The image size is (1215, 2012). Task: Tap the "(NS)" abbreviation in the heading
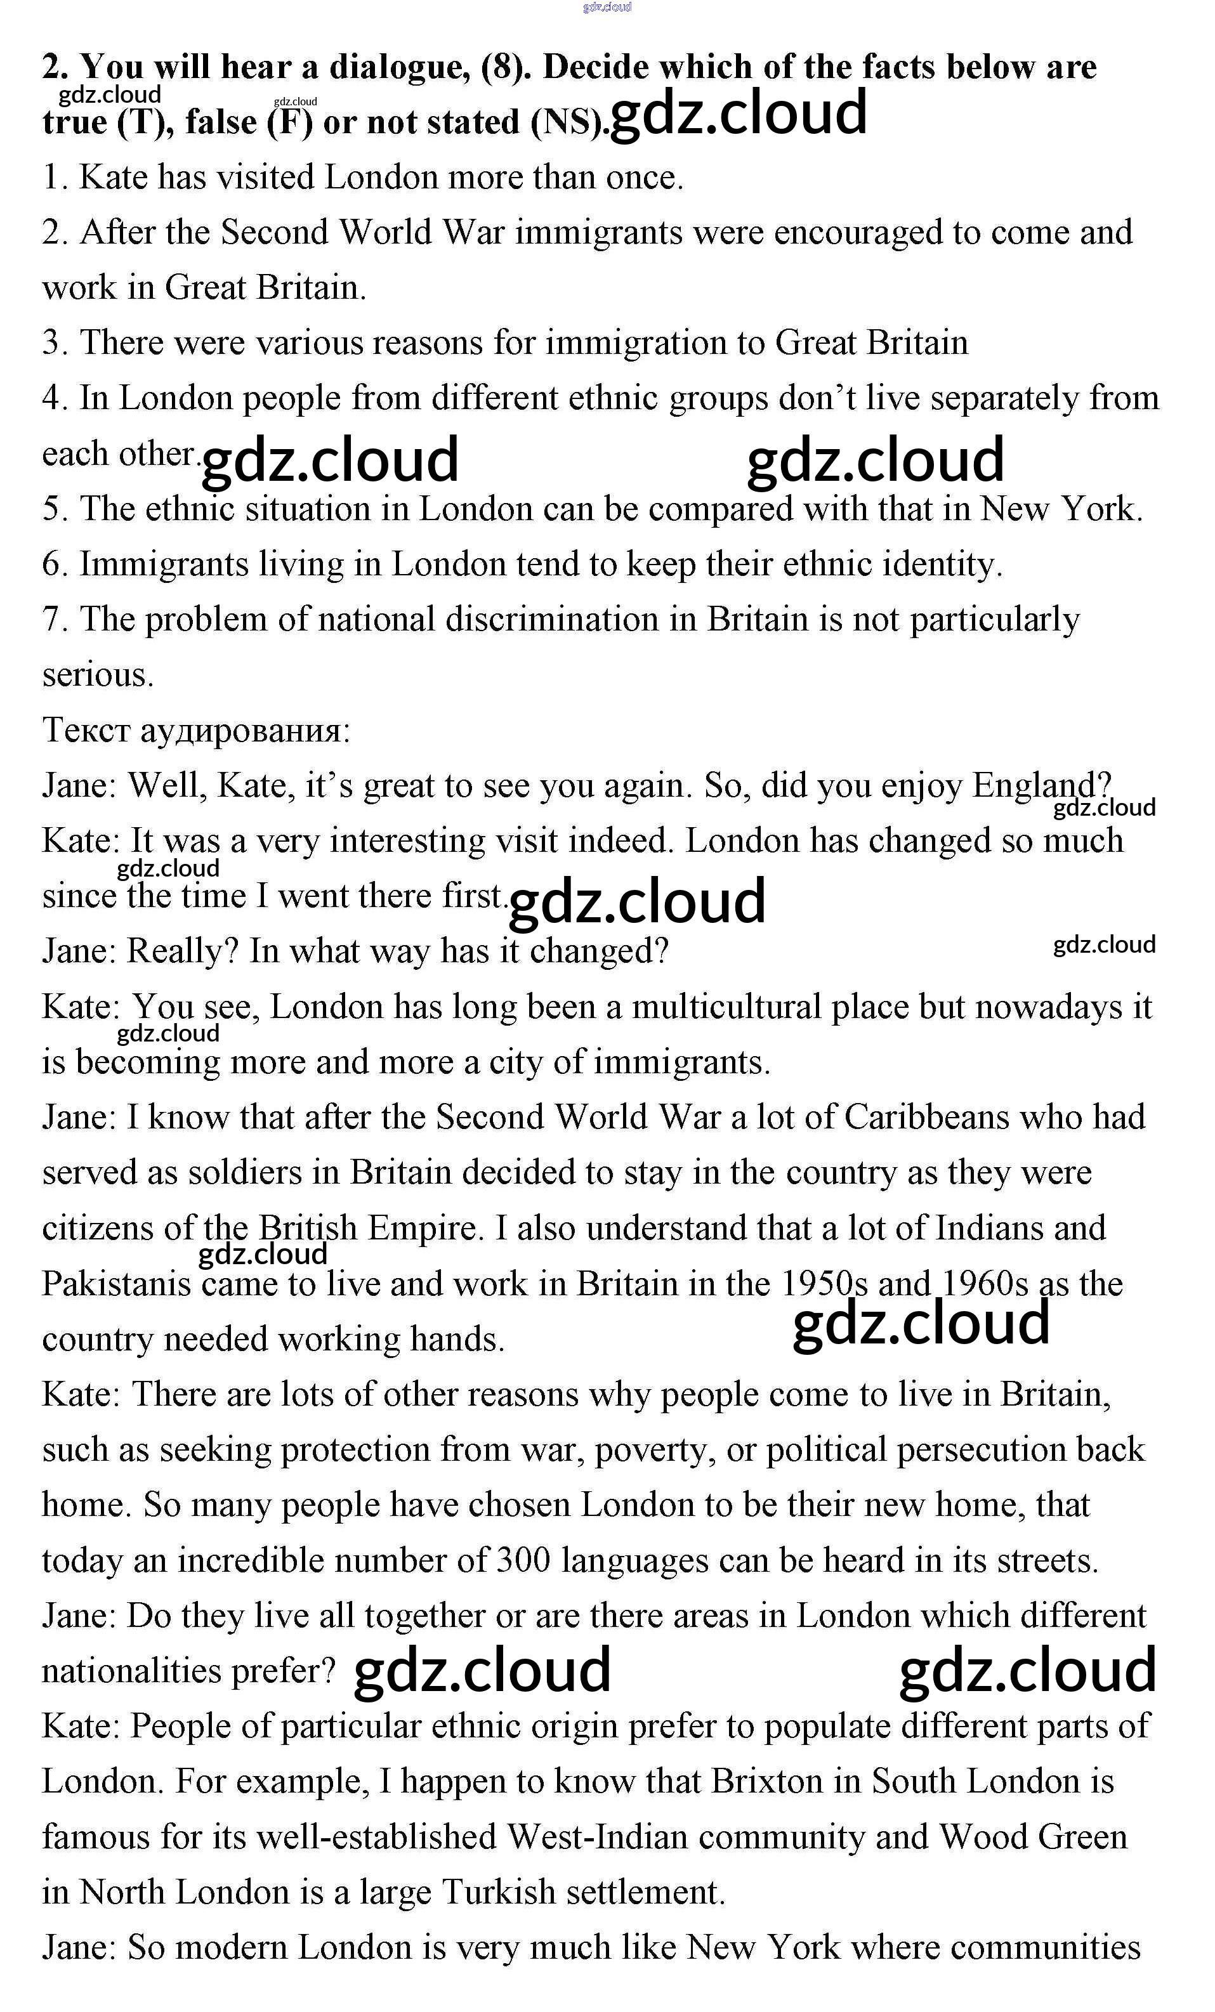click(567, 122)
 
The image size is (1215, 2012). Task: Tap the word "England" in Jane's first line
click(1041, 785)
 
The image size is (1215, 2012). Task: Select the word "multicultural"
click(726, 1007)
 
